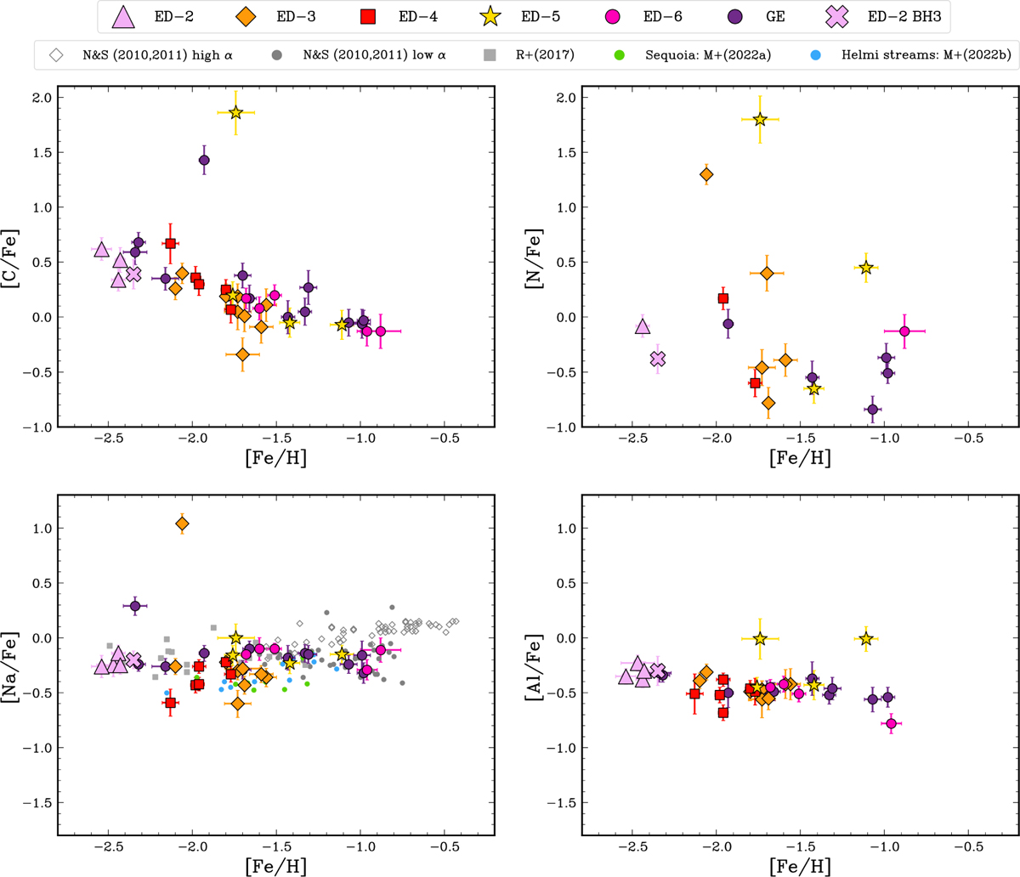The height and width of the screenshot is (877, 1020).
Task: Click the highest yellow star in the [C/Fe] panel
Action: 235,113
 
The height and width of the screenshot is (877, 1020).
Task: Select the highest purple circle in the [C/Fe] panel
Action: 204,160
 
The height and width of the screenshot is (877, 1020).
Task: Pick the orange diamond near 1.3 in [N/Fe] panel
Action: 706,174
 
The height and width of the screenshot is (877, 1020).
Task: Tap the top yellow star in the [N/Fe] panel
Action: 760,120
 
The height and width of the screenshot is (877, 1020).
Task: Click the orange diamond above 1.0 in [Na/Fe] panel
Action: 182,524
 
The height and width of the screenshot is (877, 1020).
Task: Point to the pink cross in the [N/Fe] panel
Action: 657,359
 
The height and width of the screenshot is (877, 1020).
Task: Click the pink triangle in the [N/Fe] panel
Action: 643,326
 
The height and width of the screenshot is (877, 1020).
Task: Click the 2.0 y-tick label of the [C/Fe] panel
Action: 42,98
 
